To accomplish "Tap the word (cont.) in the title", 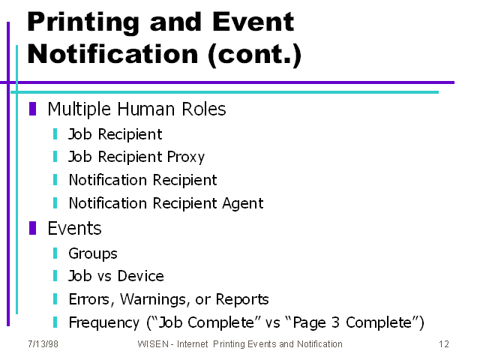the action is click(255, 55).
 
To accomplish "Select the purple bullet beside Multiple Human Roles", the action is click(33, 109).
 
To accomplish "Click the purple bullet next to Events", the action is click(33, 228).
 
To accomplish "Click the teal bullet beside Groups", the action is click(55, 253).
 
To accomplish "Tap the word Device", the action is click(141, 276).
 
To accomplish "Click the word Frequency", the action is click(104, 322).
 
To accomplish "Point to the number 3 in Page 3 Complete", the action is click(336, 322).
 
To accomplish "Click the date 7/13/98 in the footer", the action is click(43, 344).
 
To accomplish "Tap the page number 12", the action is click(444, 344).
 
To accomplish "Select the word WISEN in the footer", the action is click(153, 344).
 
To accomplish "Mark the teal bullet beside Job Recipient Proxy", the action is click(55, 157).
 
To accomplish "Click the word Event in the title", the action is click(253, 22).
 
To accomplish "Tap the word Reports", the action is click(242, 300).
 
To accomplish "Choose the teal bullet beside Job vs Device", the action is click(55, 276).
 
